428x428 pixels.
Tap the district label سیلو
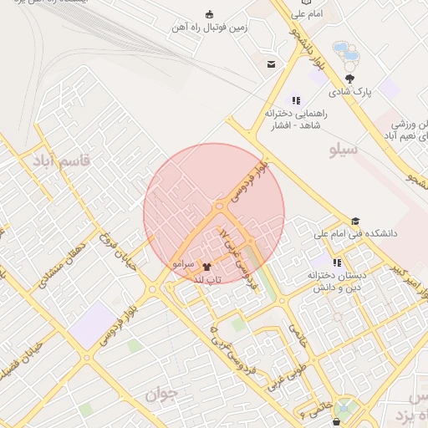(344, 150)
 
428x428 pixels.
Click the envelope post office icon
(272, 64)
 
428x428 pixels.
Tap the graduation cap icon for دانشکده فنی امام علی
(356, 222)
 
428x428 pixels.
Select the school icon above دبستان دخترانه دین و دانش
(337, 262)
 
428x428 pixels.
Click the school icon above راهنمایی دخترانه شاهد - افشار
(295, 100)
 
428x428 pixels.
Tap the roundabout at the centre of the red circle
(218, 206)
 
